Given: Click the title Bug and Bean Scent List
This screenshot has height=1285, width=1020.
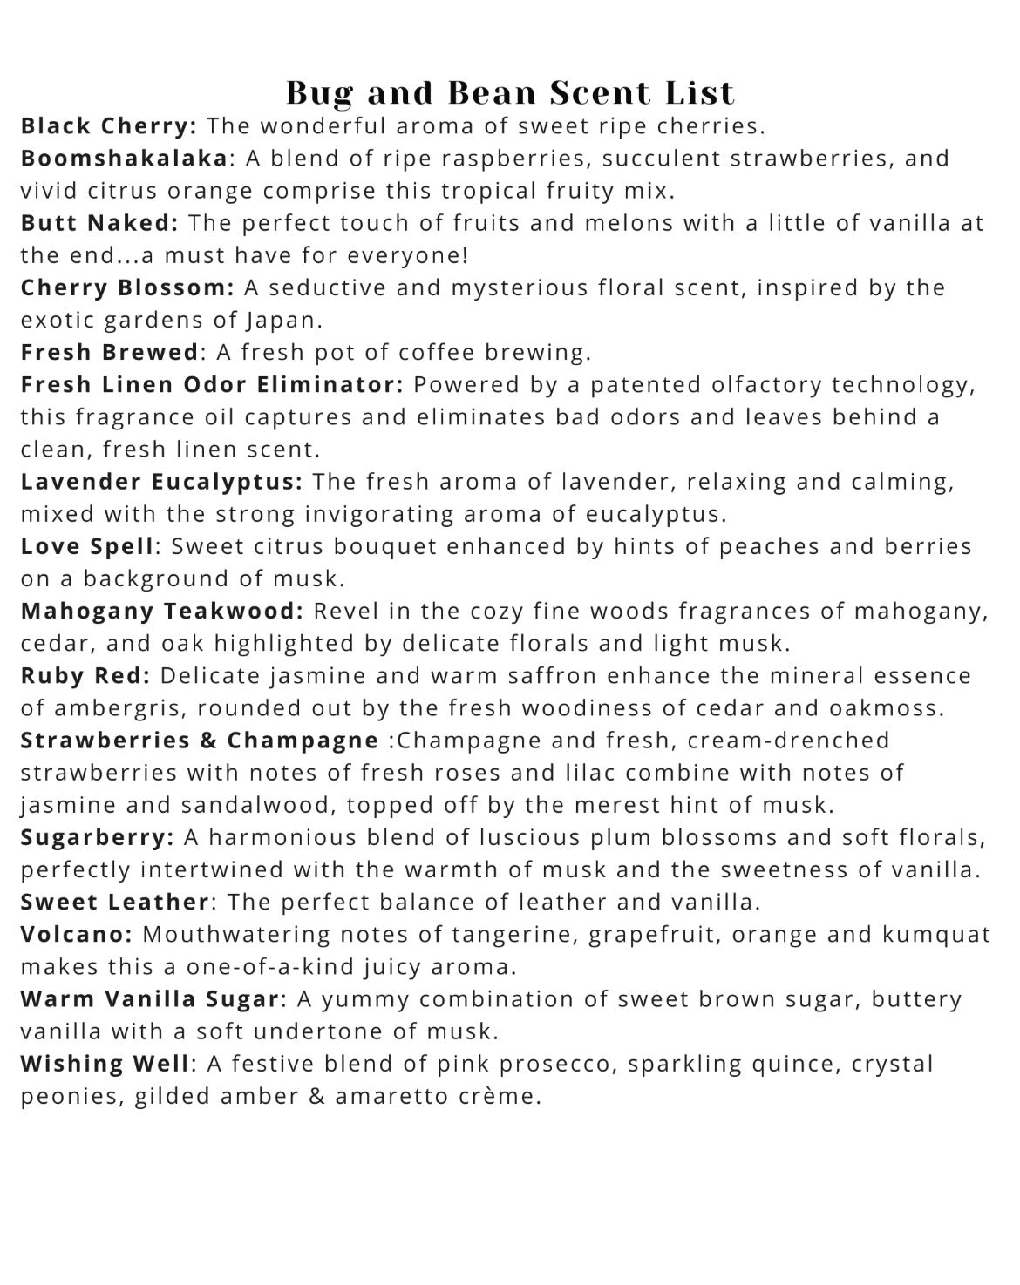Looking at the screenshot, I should (x=510, y=92).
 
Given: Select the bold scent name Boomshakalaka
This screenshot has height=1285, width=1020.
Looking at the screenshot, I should (x=124, y=159).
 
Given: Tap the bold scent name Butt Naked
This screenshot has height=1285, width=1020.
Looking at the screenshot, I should (x=99, y=223).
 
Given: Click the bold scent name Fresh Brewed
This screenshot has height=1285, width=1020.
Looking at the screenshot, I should (x=110, y=352).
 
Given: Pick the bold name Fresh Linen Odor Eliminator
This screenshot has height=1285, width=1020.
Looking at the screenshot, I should (x=212, y=384).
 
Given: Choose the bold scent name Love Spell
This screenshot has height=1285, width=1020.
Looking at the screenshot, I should (x=87, y=546).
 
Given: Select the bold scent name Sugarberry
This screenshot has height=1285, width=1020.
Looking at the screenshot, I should (x=97, y=837).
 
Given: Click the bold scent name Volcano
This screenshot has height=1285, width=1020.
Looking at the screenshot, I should (x=76, y=935).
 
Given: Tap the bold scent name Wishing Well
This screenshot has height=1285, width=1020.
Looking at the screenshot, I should (x=105, y=1064).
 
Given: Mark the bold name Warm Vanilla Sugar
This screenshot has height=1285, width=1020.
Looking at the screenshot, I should (x=149, y=999).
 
